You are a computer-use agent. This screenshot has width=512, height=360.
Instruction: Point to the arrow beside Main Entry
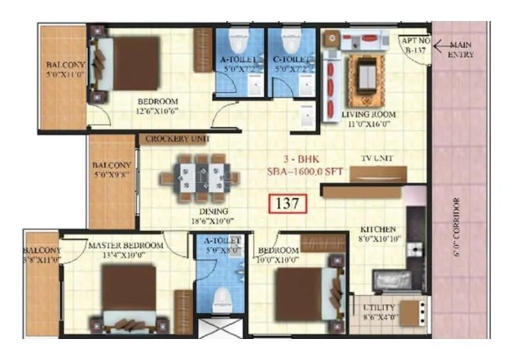(x=441, y=46)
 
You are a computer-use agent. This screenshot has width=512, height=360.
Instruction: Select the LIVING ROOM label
(x=368, y=114)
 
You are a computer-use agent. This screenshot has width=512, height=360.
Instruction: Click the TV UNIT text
(x=378, y=158)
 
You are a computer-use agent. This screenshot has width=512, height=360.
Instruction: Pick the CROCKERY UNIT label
(x=177, y=139)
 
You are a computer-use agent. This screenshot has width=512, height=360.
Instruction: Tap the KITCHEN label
(x=377, y=229)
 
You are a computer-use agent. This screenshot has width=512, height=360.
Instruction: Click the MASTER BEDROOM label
(x=125, y=245)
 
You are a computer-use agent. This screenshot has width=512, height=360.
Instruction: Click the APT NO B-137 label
(x=413, y=43)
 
